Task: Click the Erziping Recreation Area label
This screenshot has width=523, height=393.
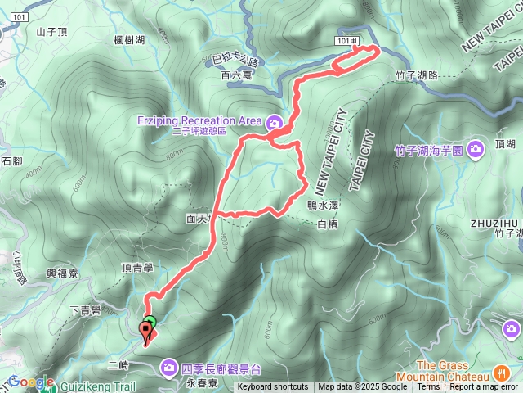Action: [x=203, y=121]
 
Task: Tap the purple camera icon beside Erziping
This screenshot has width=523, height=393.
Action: [x=272, y=123]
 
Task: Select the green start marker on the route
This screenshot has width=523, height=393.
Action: [x=150, y=322]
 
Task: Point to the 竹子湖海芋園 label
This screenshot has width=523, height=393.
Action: [x=429, y=151]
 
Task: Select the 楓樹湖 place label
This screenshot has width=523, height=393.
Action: [x=130, y=38]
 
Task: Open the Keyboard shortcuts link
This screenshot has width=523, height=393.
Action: [x=273, y=387]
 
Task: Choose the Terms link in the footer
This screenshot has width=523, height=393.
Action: [x=428, y=387]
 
